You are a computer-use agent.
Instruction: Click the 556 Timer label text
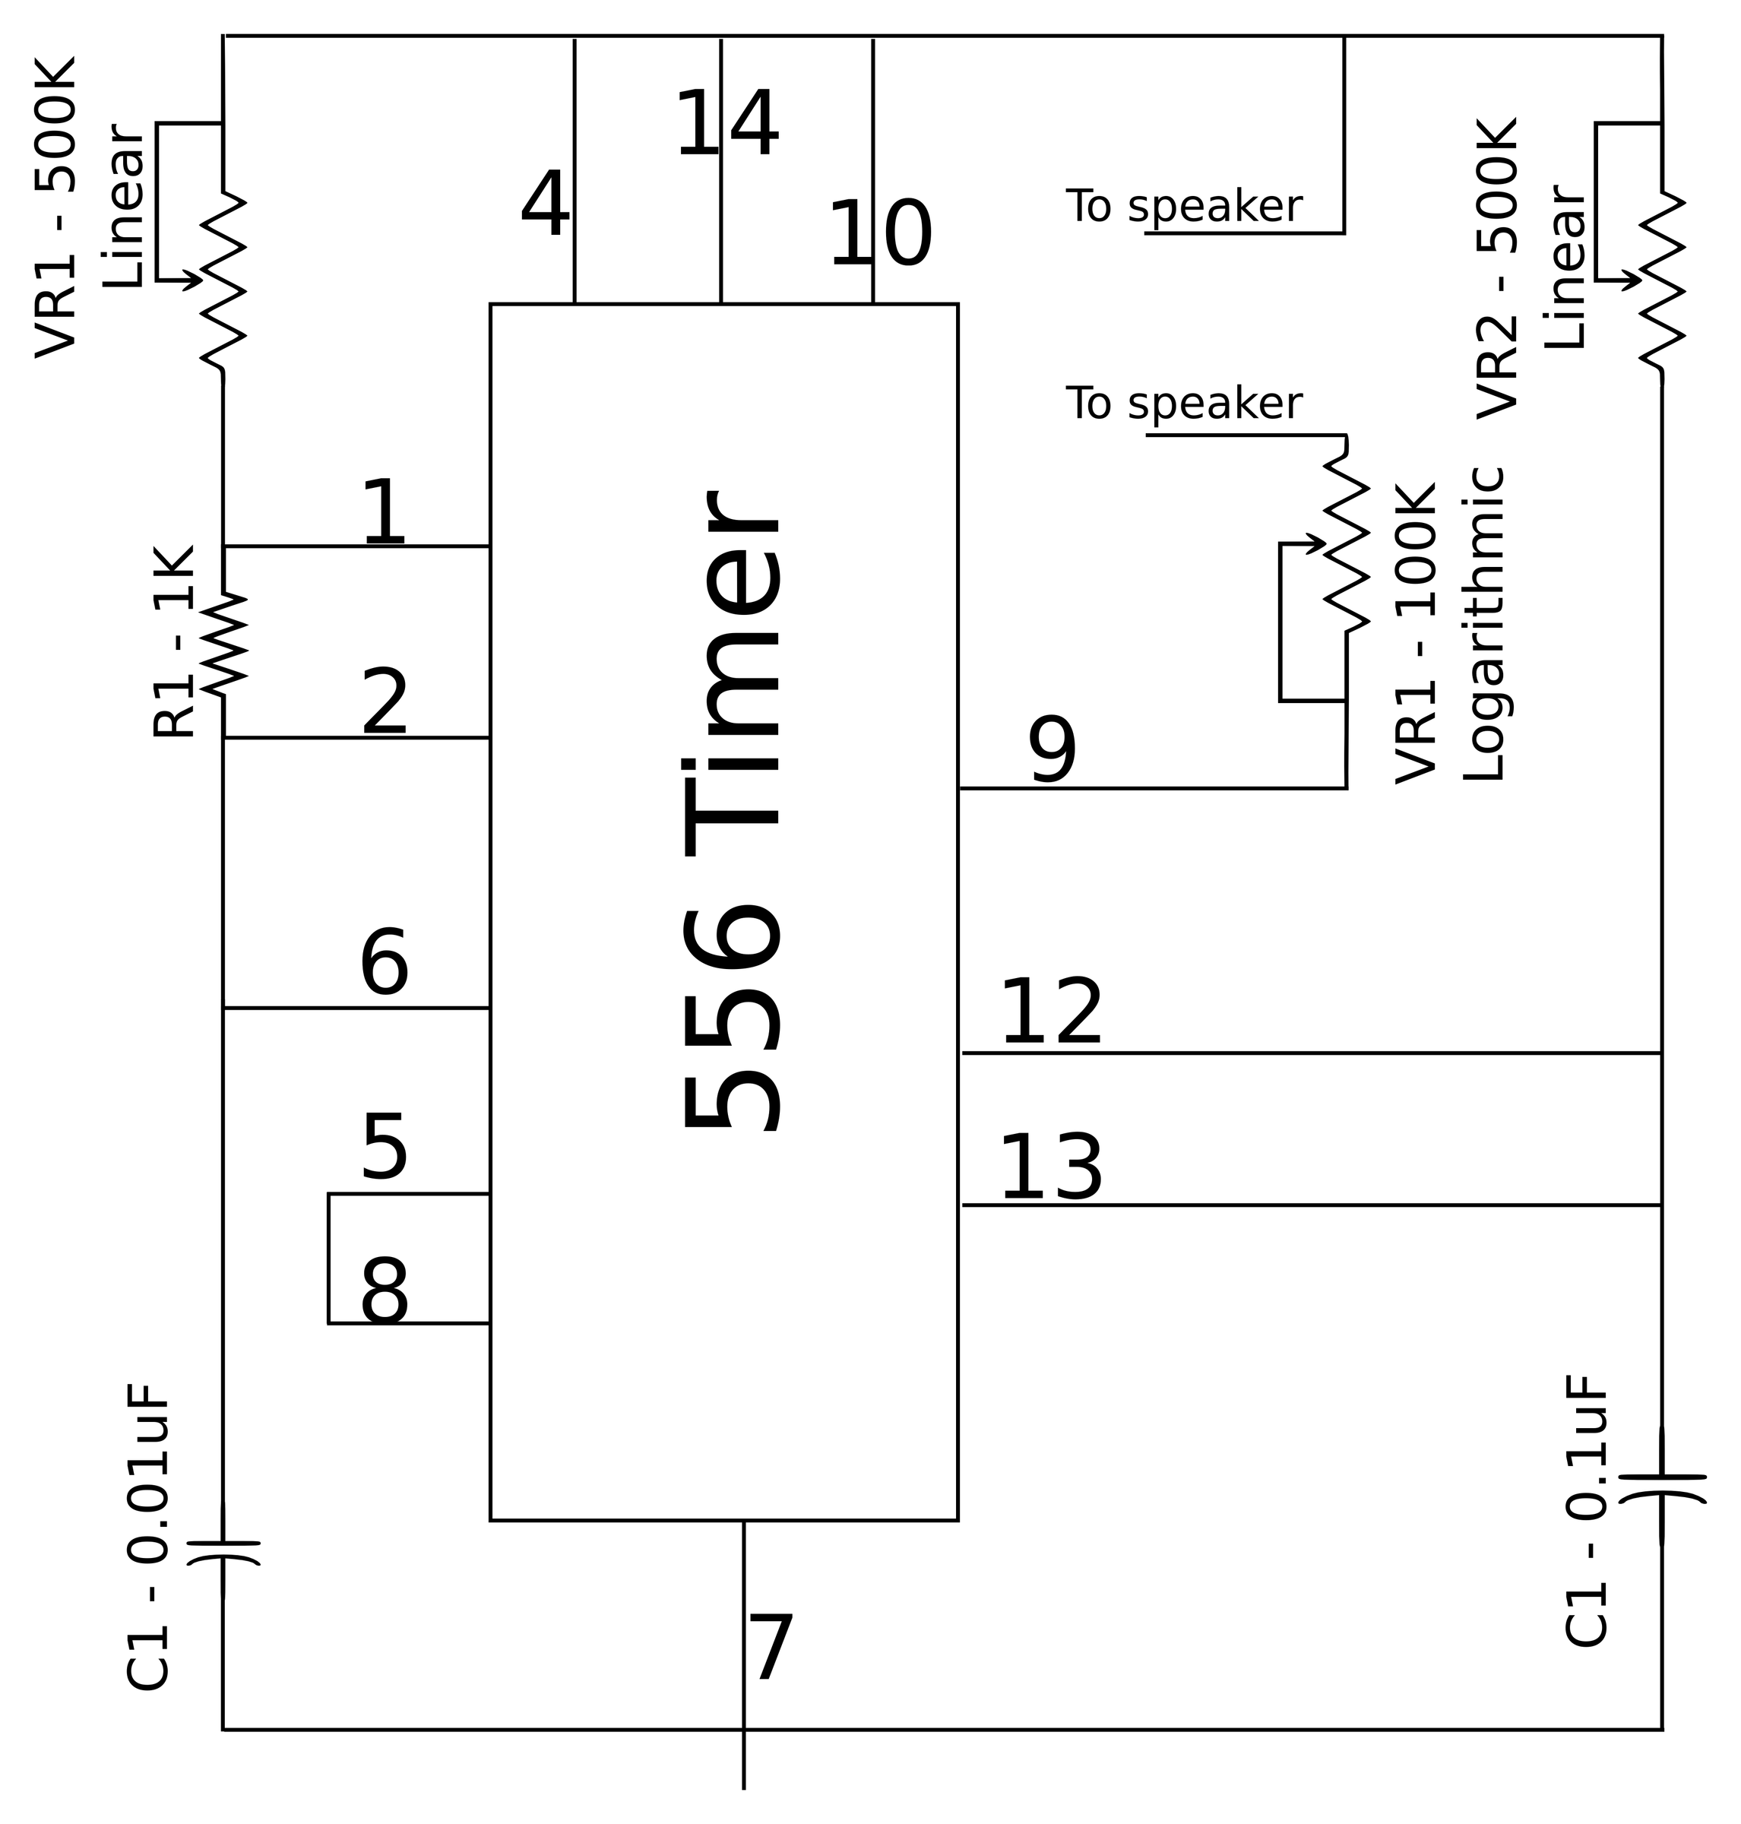(x=733, y=812)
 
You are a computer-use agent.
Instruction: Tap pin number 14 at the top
(x=726, y=125)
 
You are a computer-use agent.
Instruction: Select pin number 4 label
(x=545, y=204)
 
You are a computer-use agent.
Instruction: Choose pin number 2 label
(x=385, y=703)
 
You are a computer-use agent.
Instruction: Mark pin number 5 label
(x=385, y=1149)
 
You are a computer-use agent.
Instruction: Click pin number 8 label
(x=385, y=1292)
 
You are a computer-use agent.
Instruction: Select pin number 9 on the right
(x=1053, y=751)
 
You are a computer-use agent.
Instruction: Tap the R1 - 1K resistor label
(x=173, y=642)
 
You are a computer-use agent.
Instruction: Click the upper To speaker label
(x=1183, y=207)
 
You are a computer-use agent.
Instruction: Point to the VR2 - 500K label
(x=1497, y=269)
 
